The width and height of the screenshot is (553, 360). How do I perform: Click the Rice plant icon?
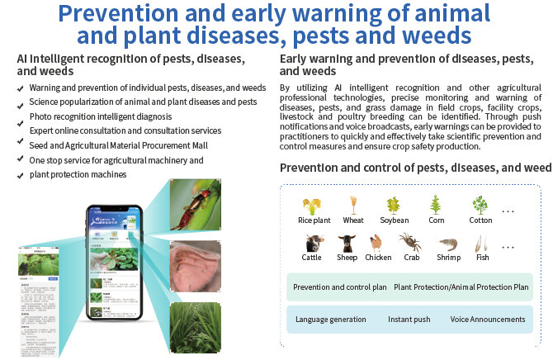(x=314, y=205)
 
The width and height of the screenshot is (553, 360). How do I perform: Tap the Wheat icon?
(x=353, y=204)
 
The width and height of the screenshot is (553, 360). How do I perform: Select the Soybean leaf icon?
(x=395, y=204)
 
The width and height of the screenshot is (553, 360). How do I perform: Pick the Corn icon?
(x=436, y=204)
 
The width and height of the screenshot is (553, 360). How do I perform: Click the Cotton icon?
(x=480, y=204)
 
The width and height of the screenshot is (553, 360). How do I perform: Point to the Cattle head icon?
(x=314, y=243)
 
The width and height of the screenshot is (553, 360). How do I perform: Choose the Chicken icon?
(x=376, y=243)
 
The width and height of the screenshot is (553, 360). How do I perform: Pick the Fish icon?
(x=482, y=243)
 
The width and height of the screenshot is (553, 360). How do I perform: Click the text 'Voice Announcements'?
(x=488, y=320)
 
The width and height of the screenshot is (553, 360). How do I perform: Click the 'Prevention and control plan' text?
(x=340, y=287)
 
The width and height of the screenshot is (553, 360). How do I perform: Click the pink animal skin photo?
(x=196, y=267)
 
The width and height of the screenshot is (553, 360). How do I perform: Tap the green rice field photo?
(x=195, y=328)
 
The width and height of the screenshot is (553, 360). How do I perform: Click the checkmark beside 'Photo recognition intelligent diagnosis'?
(x=20, y=117)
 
